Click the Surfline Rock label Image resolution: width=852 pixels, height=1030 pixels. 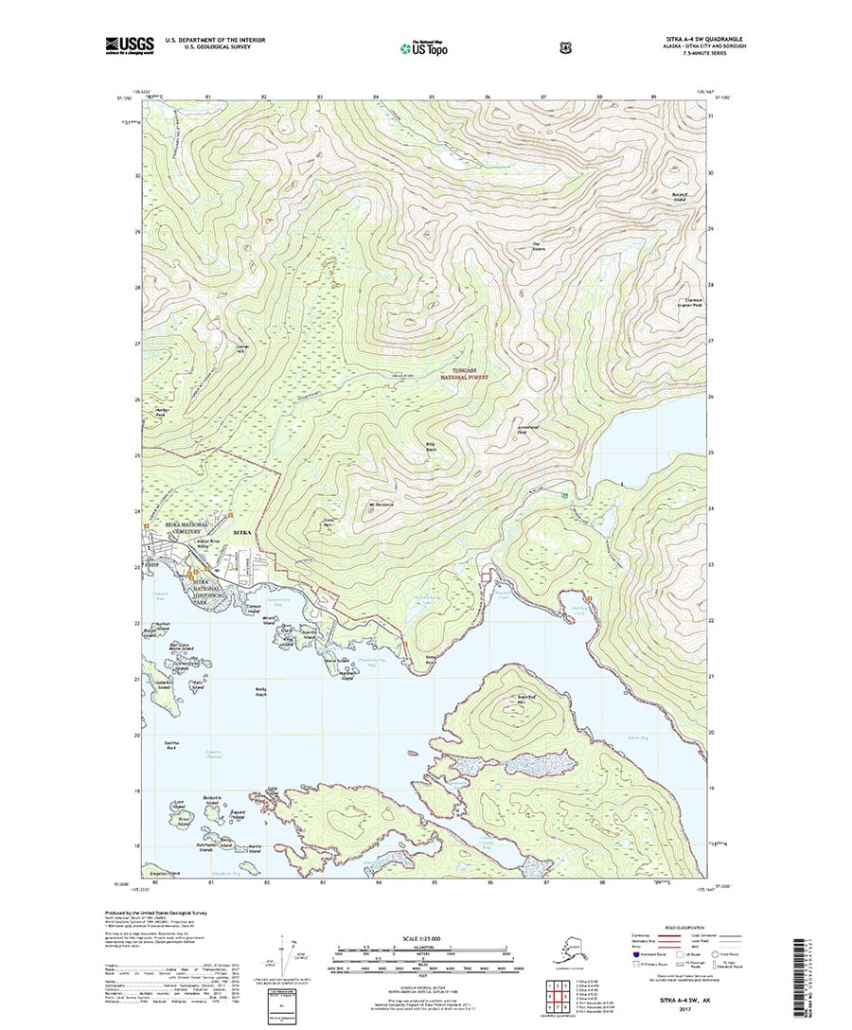(x=172, y=746)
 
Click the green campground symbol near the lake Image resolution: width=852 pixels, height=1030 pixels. (x=566, y=495)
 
